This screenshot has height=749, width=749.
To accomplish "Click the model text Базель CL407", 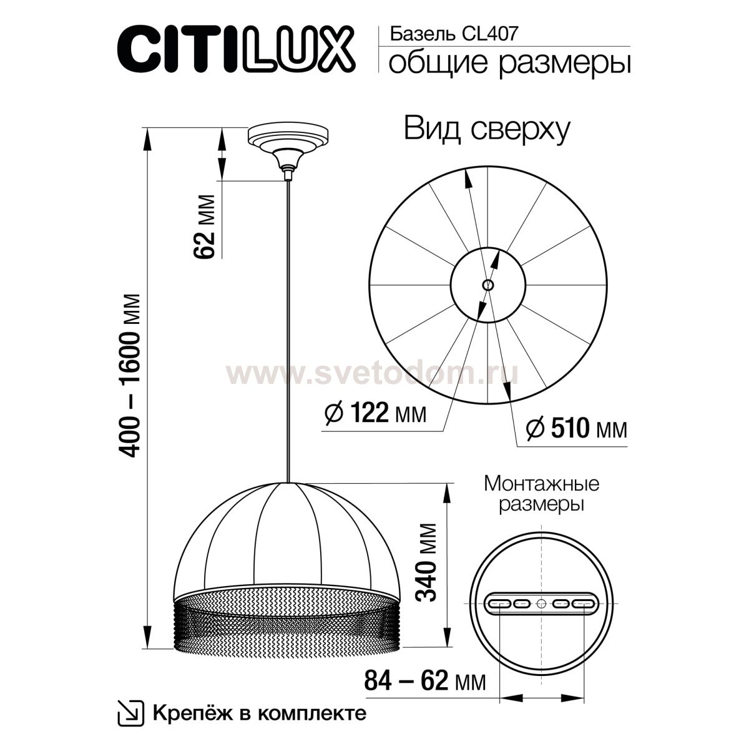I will [x=453, y=34].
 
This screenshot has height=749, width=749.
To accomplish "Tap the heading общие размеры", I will [x=509, y=64].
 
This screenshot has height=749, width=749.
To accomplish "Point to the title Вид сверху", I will [x=487, y=129].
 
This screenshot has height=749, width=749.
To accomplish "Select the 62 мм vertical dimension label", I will [x=205, y=226].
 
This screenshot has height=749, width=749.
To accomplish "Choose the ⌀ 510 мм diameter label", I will [x=576, y=428].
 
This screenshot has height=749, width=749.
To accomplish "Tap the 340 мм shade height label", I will [x=427, y=562].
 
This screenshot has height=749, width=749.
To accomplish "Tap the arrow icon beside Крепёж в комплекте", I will [x=128, y=713].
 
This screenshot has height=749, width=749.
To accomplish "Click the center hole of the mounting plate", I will [x=541, y=604].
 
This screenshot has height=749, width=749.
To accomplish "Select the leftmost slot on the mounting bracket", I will [x=499, y=604].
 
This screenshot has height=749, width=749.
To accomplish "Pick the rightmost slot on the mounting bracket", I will [x=584, y=604].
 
